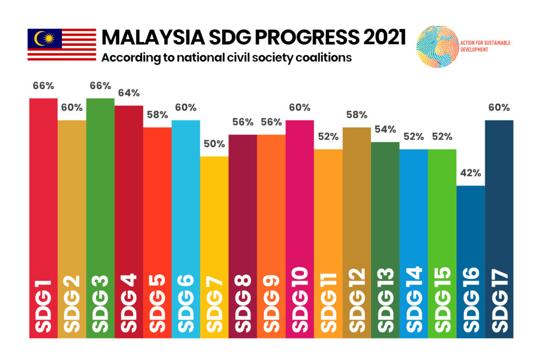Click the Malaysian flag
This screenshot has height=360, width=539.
pyautogui.click(x=62, y=45)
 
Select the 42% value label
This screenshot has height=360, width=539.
pyautogui.click(x=470, y=173)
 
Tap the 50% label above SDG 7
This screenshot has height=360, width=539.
pyautogui.click(x=214, y=144)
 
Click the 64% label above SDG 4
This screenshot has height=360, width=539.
pyautogui.click(x=128, y=93)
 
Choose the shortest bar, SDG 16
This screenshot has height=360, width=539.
pyautogui.click(x=470, y=237)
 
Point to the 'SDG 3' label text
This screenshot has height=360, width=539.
pyautogui.click(x=100, y=305)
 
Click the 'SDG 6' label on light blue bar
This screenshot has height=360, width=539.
pyautogui.click(x=186, y=305)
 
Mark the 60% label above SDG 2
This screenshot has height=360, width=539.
pyautogui.click(x=72, y=107)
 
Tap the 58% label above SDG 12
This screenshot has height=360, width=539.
pyautogui.click(x=356, y=115)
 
